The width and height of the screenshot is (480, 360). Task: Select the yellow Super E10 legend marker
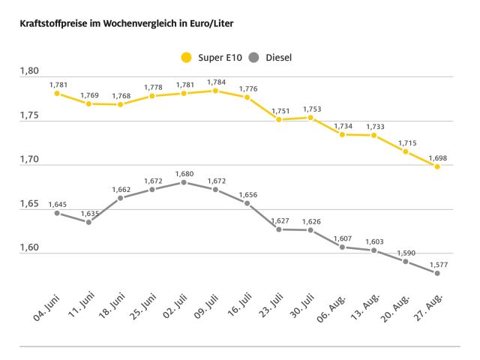pyautogui.click(x=186, y=56)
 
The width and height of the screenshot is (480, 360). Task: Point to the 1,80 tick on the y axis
pyautogui.click(x=28, y=72)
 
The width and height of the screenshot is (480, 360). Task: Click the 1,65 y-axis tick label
pyautogui.click(x=28, y=204)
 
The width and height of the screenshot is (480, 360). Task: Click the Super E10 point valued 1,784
pyautogui.click(x=215, y=91)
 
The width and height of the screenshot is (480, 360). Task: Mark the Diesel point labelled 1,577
pyautogui.click(x=437, y=273)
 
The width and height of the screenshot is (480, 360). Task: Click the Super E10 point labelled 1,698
pyautogui.click(x=437, y=166)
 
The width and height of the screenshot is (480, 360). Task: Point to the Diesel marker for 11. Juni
pyautogui.click(x=88, y=222)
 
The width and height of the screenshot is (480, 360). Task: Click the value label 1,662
pyautogui.click(x=121, y=189)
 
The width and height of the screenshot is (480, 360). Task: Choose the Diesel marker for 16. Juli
pyautogui.click(x=247, y=203)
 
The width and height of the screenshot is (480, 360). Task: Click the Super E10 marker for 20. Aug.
pyautogui.click(x=406, y=151)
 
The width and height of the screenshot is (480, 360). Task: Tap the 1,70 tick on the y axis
pyautogui.click(x=28, y=160)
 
